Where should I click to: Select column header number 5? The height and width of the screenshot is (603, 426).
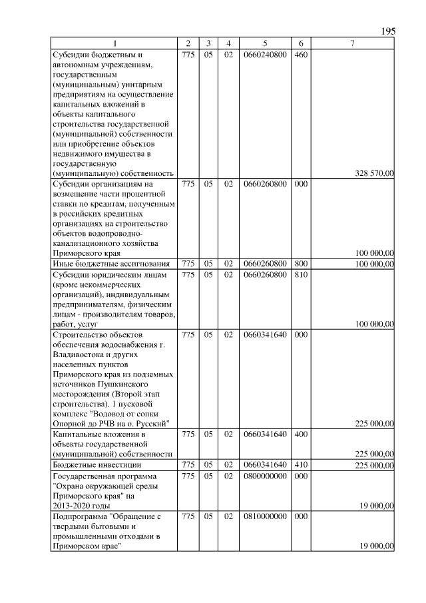(265, 44)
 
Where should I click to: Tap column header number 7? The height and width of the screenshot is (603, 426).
(353, 44)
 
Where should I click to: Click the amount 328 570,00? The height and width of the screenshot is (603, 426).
(374, 173)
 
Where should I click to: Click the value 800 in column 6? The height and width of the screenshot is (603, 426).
(301, 265)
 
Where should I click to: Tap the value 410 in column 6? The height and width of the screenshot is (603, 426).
(301, 464)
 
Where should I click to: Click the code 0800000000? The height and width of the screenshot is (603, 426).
(265, 476)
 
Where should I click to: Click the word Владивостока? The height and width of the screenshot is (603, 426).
(79, 354)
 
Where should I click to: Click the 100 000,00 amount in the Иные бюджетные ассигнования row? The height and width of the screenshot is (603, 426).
(374, 265)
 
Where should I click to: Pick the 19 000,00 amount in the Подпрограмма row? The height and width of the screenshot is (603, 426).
(377, 546)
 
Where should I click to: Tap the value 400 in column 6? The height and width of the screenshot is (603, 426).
(301, 434)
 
